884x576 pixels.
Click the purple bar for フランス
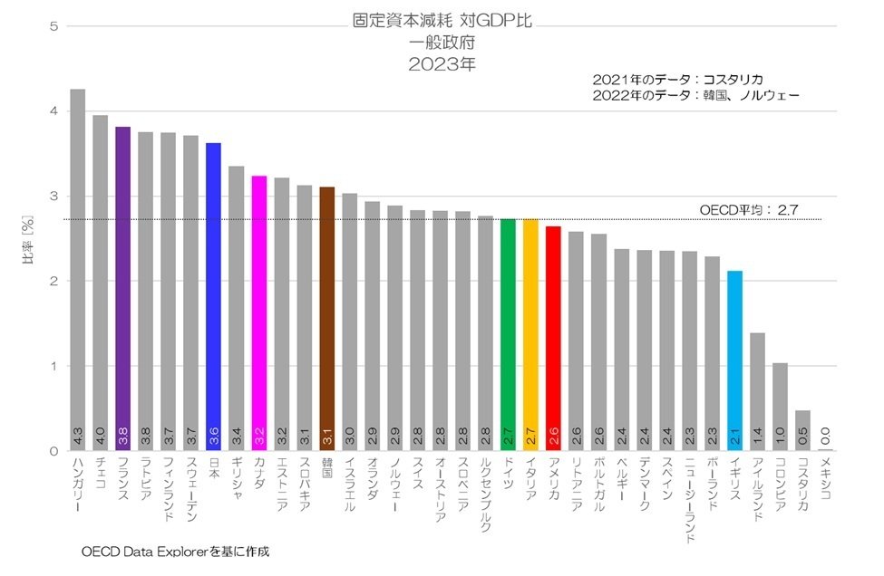pos(122,290)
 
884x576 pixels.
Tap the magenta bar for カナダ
pos(258,313)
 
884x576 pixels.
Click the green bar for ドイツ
pos(508,335)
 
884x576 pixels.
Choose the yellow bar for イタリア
pos(530,335)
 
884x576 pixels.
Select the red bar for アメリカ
pos(553,339)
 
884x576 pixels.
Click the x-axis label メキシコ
pos(825,480)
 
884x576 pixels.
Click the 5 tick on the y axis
pos(53,26)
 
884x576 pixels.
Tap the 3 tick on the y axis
pos(53,197)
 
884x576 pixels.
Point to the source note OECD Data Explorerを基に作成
pos(176,551)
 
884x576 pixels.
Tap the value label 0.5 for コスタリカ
pos(802,437)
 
